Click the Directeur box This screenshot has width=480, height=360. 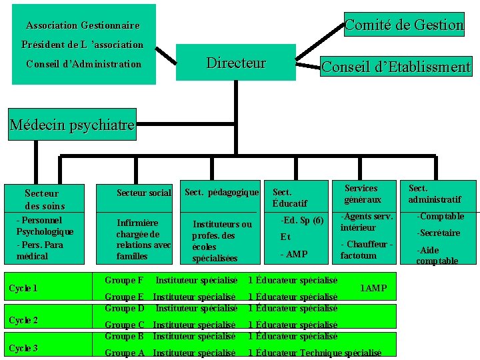236,63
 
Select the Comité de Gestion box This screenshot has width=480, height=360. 404,25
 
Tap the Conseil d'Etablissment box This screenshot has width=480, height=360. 396,67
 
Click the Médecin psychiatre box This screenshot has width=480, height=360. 72,125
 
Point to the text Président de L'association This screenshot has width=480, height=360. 82,45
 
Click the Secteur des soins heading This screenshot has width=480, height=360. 45,199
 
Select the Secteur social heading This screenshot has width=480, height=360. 143,193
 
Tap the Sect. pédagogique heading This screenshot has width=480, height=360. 221,193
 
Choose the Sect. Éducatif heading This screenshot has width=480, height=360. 290,198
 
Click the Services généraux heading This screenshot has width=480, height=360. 363,194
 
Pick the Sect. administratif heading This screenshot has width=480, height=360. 434,194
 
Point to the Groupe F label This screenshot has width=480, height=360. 124,280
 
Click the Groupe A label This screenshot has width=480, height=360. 125,353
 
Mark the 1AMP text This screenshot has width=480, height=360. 373,289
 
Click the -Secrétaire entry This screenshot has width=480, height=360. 439,233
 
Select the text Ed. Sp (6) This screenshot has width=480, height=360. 303,220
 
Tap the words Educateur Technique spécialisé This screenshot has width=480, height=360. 319,353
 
